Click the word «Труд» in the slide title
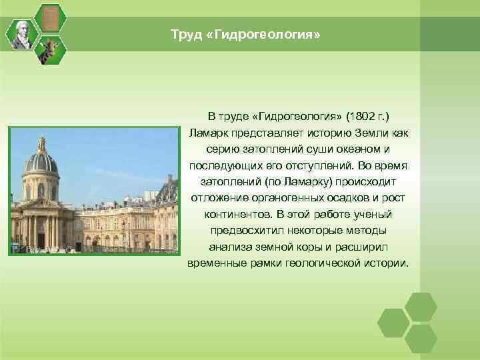(183, 33)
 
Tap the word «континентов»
(237, 215)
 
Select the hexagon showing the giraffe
(49, 49)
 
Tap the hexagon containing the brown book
(49, 18)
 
